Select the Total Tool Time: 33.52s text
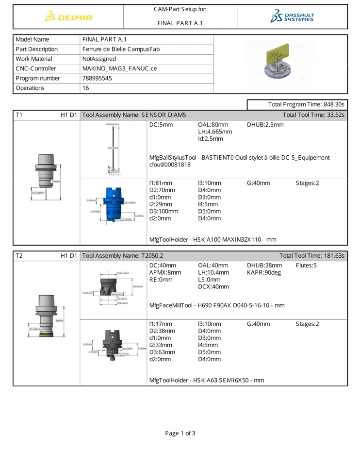click(313, 115)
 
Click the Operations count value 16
click(86, 88)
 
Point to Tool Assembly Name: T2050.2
click(123, 255)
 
